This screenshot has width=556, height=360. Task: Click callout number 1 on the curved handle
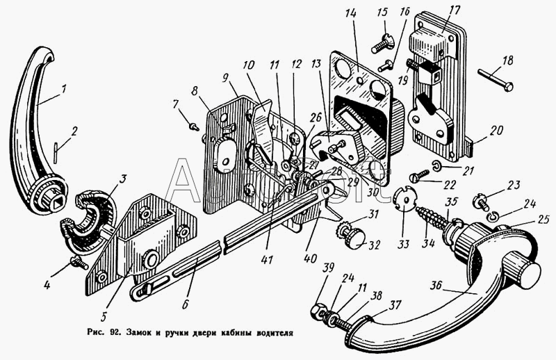63,89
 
